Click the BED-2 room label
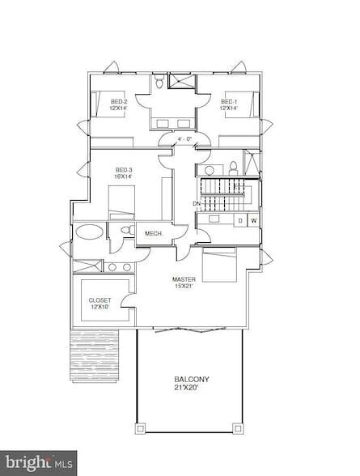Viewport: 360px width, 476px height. [119, 102]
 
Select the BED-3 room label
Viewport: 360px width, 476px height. [123, 169]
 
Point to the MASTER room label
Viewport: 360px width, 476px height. [184, 279]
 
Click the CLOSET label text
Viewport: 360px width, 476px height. [100, 300]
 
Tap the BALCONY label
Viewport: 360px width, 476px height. [192, 379]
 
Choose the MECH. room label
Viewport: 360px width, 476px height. [154, 234]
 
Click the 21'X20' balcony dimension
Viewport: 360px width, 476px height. [192, 388]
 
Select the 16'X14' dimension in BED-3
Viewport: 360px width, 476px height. [123, 176]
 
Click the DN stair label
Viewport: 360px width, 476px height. [196, 203]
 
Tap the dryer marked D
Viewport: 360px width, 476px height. [239, 219]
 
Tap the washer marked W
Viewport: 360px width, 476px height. [253, 219]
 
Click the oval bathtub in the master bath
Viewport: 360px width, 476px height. [89, 233]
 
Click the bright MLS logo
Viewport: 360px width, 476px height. [38, 463]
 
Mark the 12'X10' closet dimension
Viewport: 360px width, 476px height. [100, 308]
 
